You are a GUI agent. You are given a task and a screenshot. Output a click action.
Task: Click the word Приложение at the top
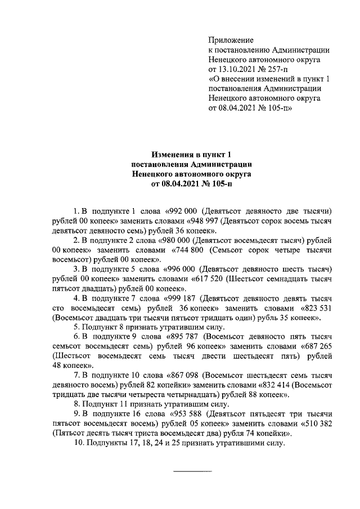pyautogui.click(x=231, y=40)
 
